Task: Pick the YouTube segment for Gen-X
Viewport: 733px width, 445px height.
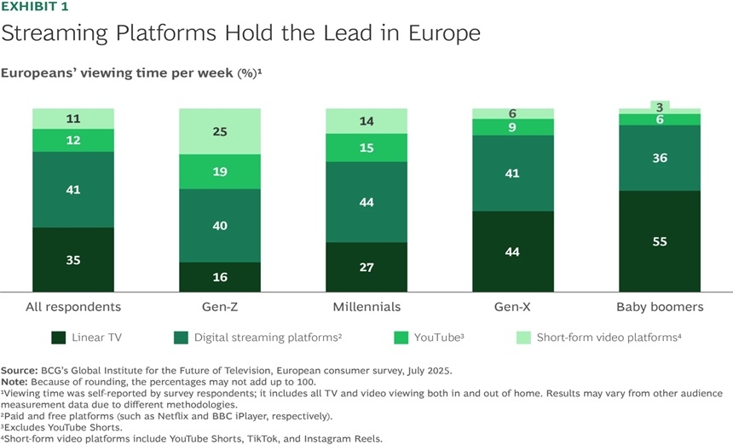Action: coord(513,127)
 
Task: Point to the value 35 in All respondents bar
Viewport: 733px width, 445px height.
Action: coord(73,260)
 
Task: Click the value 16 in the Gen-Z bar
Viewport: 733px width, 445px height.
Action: coord(219,277)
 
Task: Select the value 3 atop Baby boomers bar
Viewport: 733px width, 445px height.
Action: coord(660,107)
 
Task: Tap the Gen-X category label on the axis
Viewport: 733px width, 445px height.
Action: coord(513,307)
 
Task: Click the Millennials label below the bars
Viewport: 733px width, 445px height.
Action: coord(366,307)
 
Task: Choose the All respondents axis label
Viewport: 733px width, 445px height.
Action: coord(73,307)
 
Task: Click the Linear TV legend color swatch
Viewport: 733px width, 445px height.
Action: coord(60,338)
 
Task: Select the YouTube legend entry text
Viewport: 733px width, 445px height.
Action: coord(438,338)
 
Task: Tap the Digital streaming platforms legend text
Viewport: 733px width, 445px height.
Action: coord(268,338)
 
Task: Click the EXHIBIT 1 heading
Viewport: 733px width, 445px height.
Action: coord(34,7)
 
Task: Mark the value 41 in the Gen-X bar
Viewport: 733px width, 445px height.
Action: coord(513,173)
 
